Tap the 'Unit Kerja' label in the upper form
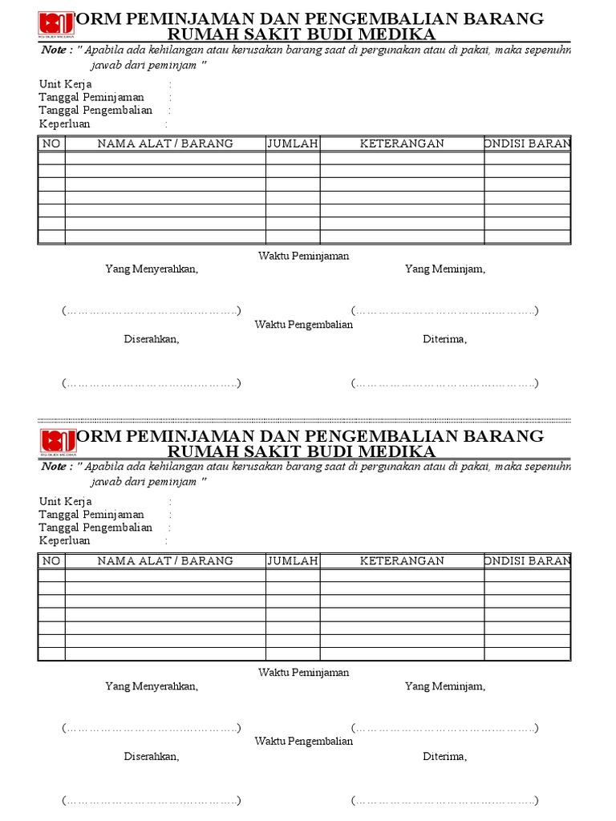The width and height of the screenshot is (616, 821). click(66, 84)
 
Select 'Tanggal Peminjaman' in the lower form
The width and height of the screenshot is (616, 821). click(92, 515)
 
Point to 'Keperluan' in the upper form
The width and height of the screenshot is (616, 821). click(65, 124)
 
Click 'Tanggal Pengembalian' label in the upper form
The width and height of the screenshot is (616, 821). click(95, 111)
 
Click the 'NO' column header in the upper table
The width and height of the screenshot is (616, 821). click(51, 144)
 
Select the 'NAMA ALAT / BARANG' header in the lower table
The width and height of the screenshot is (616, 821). click(165, 560)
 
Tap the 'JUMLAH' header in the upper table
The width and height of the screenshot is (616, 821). click(293, 144)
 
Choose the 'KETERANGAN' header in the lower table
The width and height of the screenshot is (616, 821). click(402, 560)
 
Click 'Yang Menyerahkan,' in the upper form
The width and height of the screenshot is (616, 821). click(152, 269)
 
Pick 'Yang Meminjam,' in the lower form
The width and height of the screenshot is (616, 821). click(445, 686)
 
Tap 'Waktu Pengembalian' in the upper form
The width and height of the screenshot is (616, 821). click(304, 325)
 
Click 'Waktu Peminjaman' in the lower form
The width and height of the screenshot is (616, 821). click(304, 673)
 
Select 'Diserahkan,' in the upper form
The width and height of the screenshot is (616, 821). click(152, 339)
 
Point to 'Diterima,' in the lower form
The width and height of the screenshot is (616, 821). click(445, 756)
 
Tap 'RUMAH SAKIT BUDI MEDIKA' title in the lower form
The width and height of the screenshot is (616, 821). click(302, 452)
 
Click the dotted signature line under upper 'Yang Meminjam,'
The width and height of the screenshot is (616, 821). click(444, 311)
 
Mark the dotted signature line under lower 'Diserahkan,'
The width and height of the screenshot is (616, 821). click(152, 800)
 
